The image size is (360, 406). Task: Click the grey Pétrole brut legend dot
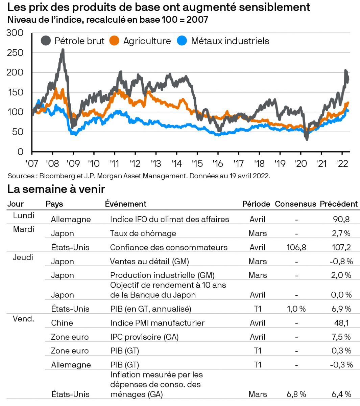click(x=46, y=41)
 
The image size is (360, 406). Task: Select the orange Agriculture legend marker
click(x=115, y=41)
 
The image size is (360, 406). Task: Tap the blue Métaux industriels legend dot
click(x=182, y=41)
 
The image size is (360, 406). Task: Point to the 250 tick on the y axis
click(x=15, y=52)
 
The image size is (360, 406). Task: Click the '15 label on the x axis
click(x=197, y=163)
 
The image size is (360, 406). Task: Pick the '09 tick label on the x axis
click(x=73, y=163)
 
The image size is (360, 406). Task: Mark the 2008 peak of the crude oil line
click(x=63, y=50)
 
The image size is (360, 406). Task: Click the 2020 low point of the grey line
click(x=307, y=139)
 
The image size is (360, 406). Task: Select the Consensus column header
click(x=295, y=204)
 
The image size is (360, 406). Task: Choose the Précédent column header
click(x=339, y=204)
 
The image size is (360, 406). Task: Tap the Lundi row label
click(x=24, y=216)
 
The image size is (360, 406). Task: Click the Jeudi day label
click(x=23, y=257)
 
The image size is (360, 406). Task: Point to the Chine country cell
click(x=62, y=323)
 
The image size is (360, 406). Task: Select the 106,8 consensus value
click(x=296, y=247)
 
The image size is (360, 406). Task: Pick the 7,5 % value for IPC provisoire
click(x=341, y=337)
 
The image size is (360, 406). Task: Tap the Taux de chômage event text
click(x=143, y=233)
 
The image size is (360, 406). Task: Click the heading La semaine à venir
click(x=56, y=189)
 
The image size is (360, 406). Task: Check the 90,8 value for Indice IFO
click(x=341, y=219)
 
